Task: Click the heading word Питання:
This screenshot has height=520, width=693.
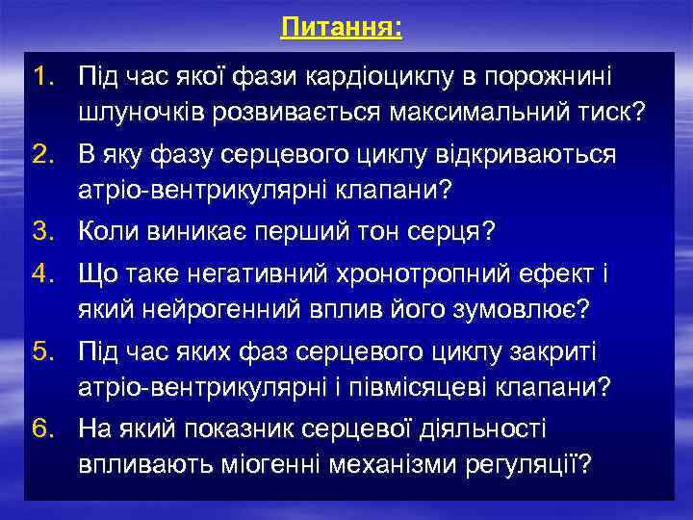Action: [x=342, y=27]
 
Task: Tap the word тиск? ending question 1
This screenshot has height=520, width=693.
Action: [x=607, y=114]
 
